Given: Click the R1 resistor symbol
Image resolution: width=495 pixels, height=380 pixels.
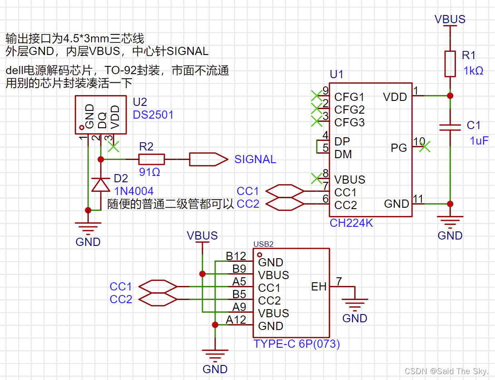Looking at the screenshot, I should [450, 64].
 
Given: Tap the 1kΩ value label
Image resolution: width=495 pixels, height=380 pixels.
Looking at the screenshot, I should [473, 71].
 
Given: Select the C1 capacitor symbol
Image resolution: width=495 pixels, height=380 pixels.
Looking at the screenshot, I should [450, 127].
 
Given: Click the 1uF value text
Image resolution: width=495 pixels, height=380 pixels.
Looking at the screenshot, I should [479, 140].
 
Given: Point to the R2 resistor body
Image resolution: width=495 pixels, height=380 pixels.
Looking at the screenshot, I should [151, 159].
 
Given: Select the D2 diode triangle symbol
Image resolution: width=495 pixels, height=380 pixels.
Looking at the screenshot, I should [101, 184].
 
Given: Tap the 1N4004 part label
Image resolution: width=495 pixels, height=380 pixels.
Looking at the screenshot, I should [134, 191].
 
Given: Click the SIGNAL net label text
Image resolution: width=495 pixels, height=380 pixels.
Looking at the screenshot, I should [255, 160].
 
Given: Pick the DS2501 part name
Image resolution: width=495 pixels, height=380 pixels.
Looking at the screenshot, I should [153, 115].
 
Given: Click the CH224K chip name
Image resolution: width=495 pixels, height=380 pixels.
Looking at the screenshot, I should [352, 223].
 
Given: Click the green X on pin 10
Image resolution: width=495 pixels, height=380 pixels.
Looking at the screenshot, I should [424, 146].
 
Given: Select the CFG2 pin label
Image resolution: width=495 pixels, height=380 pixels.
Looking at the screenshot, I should [349, 110].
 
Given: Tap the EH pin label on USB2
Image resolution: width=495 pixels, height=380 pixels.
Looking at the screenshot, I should [319, 286].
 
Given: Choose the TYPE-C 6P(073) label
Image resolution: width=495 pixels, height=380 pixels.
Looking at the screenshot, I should [297, 344].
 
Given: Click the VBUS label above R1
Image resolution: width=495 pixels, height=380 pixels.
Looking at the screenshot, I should [450, 19].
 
